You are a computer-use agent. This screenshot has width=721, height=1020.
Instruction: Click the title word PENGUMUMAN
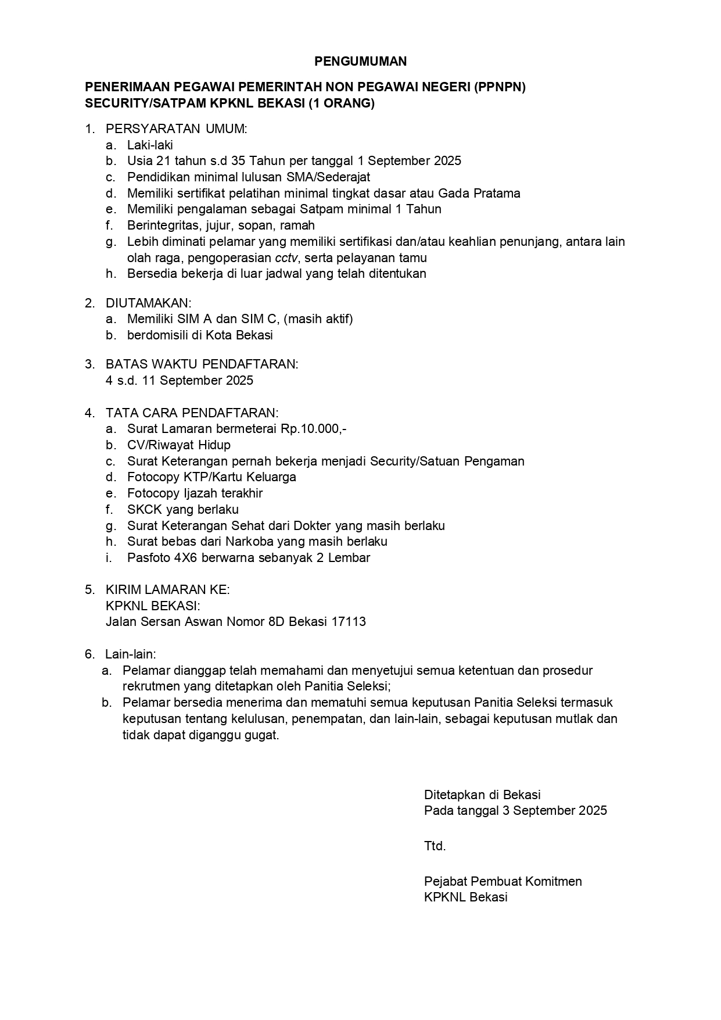pos(360,62)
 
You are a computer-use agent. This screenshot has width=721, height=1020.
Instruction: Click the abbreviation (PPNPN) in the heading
pos(499,88)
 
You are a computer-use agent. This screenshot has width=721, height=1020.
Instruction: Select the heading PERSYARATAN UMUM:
pos(176,129)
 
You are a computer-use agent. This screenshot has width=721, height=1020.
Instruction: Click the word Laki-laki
pos(150,145)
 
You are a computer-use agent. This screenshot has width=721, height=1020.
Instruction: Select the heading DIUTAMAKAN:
pos(148,303)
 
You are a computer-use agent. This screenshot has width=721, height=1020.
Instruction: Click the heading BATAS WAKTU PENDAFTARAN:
pos(202,364)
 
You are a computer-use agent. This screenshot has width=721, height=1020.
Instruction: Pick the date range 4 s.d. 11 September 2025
pos(180,381)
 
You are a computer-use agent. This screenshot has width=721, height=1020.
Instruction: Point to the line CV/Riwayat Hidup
pos(179,445)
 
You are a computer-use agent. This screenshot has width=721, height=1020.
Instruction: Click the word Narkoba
pos(251,542)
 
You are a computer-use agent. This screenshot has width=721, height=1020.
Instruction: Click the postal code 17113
pos(349,622)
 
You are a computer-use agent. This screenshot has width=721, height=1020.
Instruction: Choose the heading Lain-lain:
pos(131,654)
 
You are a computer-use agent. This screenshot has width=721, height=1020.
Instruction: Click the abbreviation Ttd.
pos(435,846)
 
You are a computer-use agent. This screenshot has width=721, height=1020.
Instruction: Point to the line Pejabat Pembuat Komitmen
pos(503,882)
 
